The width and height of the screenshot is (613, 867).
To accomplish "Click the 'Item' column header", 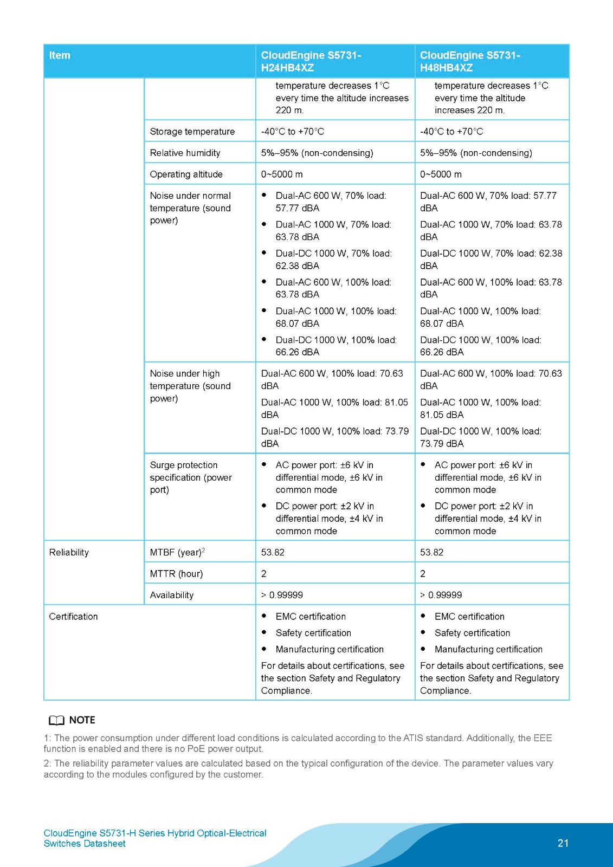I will pos(60,55).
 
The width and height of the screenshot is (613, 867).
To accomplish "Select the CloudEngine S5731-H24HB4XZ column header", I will pos(311,61).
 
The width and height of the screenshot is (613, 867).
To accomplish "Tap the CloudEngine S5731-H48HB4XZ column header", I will pos(470,61).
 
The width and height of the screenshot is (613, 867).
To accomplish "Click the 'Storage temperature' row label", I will pos(192,132).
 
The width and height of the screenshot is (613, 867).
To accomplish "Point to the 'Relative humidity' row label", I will pos(185,153).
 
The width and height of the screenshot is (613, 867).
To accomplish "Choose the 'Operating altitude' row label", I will pos(186,174).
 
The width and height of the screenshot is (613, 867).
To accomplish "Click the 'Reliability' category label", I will pos(69,552).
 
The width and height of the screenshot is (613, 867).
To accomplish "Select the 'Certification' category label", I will pos(73,617).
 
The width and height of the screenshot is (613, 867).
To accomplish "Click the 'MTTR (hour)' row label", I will pos(176,573).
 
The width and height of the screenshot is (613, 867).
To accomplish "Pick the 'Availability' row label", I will pos(171,595).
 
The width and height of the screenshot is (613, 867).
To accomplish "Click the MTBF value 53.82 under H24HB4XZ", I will pos(273,552).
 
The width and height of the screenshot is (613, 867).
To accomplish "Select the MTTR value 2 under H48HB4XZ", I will pos(423,573).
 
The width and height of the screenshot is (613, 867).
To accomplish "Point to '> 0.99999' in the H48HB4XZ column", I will pos(441,595).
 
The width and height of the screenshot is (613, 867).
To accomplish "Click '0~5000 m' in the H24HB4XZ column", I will pos(281,174).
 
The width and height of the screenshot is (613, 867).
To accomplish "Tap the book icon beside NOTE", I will pos(56,720).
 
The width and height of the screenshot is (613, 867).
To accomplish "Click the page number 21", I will pos(563,843).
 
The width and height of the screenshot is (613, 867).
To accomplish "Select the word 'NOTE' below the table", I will pos(82,720).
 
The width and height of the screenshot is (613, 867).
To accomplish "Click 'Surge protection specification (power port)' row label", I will pos(190,477).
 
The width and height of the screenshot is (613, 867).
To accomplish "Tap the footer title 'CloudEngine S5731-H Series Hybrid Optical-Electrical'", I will pos(155,833).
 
